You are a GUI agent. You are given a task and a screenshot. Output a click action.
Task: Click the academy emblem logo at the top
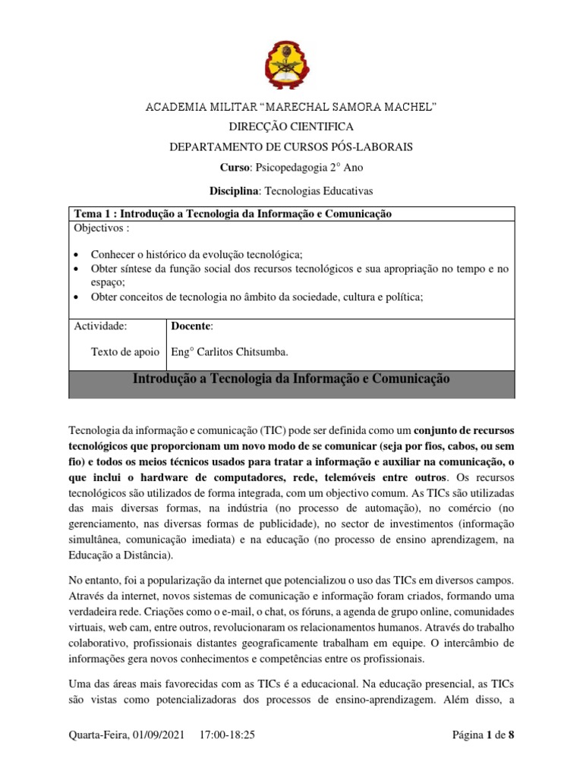(291, 64)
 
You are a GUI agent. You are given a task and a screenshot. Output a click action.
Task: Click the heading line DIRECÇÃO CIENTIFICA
(291, 127)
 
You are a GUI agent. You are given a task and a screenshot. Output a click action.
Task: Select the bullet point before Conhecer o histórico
(77, 255)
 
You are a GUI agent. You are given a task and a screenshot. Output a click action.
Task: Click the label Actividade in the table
(99, 326)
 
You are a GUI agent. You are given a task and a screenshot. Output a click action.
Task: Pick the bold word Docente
(191, 326)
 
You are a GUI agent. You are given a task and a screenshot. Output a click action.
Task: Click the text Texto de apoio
(125, 352)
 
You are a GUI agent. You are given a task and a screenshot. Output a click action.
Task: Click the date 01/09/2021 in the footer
(161, 735)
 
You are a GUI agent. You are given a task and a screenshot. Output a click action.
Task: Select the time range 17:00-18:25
(228, 735)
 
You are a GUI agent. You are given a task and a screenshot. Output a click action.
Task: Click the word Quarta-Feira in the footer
(98, 735)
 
